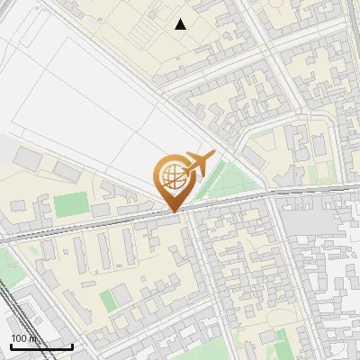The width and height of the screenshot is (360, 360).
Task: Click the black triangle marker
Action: [181, 24]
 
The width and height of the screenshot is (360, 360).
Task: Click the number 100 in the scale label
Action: [18, 338]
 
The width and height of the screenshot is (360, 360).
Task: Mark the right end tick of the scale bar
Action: [72, 346]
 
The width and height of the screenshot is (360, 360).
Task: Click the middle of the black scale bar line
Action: [40, 346]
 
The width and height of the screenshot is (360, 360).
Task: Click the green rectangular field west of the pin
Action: [67, 205]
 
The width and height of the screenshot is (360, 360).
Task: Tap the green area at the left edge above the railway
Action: [7, 265]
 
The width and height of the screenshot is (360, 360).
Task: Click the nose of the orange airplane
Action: [213, 155]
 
